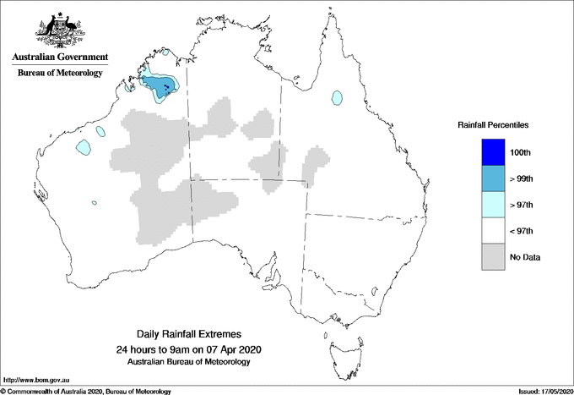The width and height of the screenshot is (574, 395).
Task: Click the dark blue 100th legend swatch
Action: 495,151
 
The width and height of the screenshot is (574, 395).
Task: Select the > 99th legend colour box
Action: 495,178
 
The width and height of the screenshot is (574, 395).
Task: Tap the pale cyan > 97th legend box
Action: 495,204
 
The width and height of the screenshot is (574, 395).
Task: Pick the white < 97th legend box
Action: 495,230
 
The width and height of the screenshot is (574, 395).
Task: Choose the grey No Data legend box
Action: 495,256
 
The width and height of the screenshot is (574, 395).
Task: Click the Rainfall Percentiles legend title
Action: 493,124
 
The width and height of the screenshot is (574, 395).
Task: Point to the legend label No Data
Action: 526,257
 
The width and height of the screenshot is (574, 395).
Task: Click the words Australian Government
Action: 60,58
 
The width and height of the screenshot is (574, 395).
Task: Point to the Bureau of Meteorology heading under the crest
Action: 60,73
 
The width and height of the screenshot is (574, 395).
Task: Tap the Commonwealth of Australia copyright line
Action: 85,391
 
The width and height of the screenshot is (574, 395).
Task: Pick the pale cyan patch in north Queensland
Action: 338,97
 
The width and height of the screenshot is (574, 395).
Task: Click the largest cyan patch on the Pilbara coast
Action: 83,147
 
